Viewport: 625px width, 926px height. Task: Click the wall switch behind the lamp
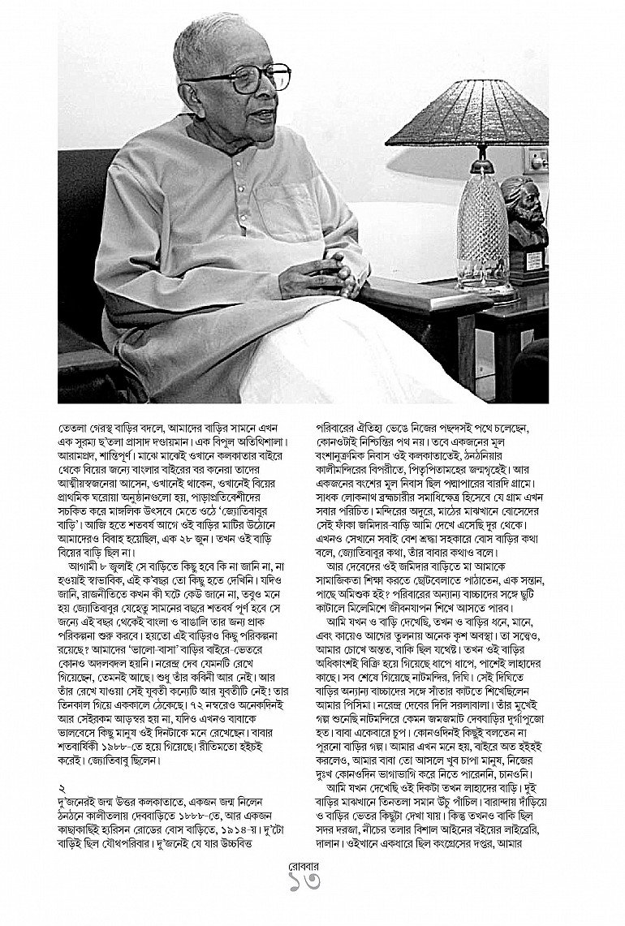pyautogui.click(x=537, y=159)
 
